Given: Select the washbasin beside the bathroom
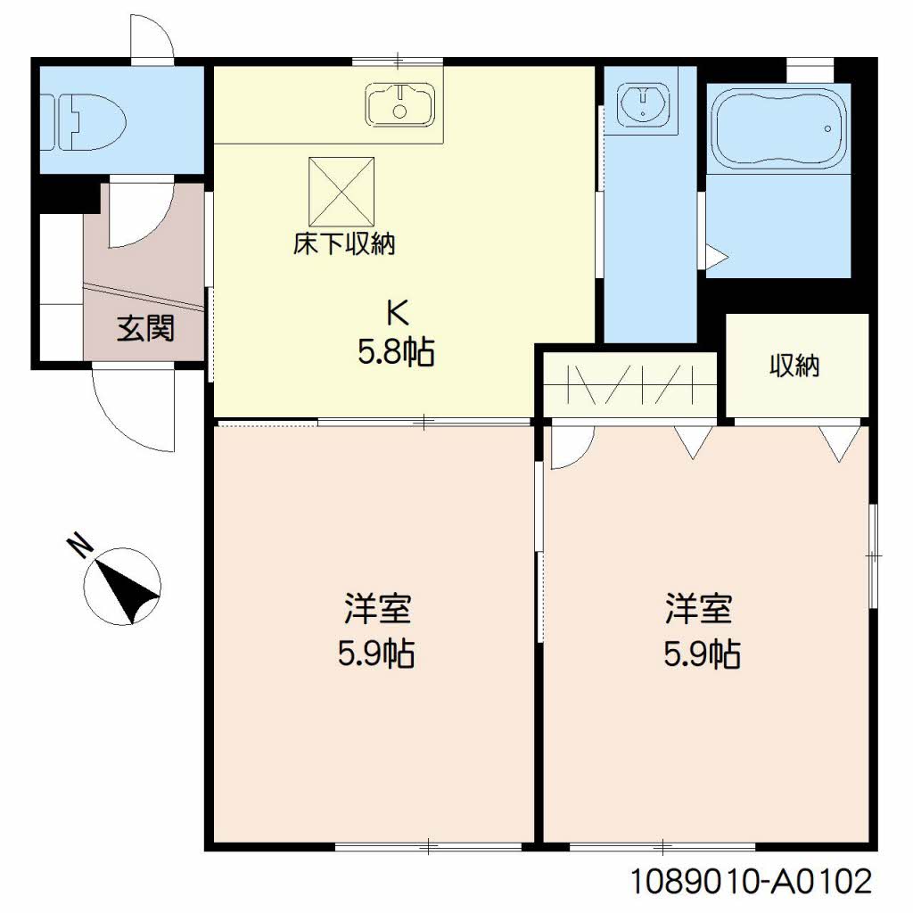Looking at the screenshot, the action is click(x=644, y=103).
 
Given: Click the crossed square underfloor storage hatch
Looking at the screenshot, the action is click(x=341, y=191).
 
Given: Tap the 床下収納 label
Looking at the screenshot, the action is click(x=343, y=244).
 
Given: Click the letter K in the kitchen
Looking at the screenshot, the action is click(x=399, y=313).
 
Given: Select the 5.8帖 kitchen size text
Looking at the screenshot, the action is click(x=396, y=352).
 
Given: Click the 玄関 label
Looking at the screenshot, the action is click(x=145, y=328).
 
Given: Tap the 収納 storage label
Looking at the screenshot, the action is click(x=794, y=366).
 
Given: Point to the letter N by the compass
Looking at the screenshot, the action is click(x=79, y=547).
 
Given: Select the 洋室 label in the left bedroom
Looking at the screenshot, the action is click(x=377, y=608).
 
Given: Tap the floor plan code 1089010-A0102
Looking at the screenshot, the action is click(x=752, y=881).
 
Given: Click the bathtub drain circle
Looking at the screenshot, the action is click(x=827, y=128).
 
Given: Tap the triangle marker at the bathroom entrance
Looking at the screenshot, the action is click(x=716, y=256).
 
